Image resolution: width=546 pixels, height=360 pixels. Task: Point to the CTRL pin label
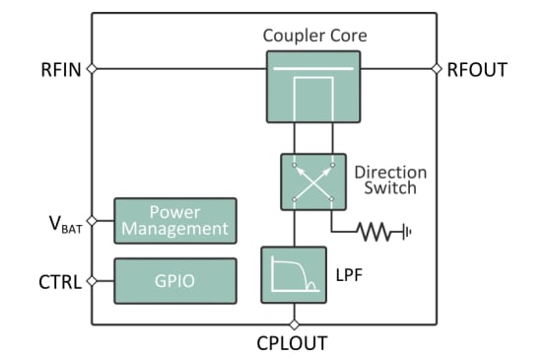click(x=58, y=281)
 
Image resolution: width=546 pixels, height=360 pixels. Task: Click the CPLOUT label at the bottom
click(x=293, y=343)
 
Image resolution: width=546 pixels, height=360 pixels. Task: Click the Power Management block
click(x=175, y=221)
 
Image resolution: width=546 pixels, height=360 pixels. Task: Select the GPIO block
click(x=175, y=281)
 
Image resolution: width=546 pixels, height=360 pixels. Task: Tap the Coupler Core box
click(x=314, y=87)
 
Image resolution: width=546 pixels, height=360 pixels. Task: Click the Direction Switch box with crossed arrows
click(x=314, y=180)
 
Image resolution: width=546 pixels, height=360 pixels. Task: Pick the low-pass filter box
click(x=293, y=275)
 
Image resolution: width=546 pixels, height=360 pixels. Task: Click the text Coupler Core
click(x=314, y=36)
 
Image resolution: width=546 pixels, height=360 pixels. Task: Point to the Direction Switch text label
click(x=391, y=180)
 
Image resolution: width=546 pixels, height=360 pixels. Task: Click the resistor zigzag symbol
click(x=376, y=233)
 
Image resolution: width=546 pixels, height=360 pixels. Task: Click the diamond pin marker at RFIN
click(x=92, y=69)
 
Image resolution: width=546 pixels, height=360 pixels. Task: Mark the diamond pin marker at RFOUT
click(x=437, y=69)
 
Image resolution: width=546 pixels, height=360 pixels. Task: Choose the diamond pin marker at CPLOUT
click(x=293, y=324)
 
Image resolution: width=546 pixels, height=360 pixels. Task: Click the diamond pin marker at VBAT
click(x=92, y=221)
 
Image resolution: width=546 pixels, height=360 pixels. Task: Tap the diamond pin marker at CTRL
click(x=92, y=281)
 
